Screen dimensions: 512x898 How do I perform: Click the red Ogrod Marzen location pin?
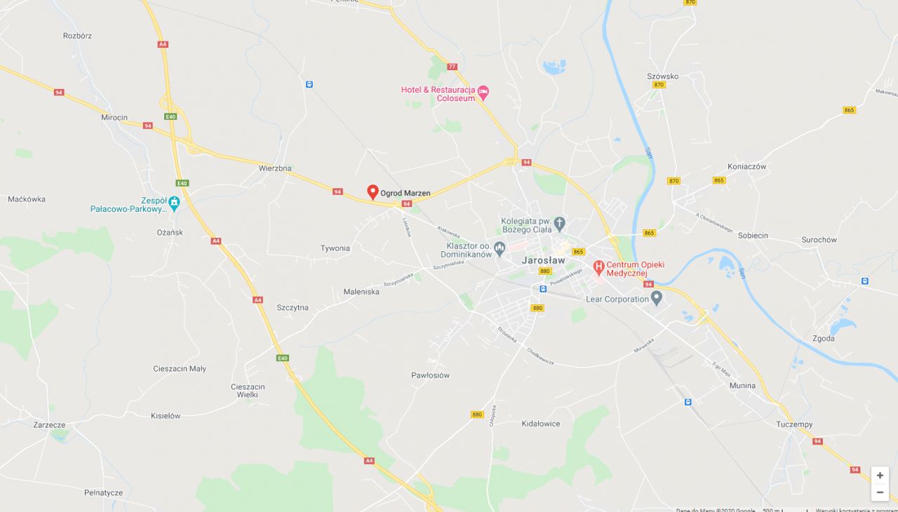[x=373, y=191]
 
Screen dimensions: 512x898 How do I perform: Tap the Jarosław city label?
[x=543, y=260]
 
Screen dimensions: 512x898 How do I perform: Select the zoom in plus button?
[x=880, y=476]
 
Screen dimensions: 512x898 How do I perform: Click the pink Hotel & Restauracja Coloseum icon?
[x=483, y=91]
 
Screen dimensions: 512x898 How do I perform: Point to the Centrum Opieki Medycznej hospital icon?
[x=598, y=267]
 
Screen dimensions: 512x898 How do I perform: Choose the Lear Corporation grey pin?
[x=657, y=298]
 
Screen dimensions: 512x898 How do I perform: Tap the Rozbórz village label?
[x=77, y=36]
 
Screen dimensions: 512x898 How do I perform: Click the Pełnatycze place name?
[x=103, y=493]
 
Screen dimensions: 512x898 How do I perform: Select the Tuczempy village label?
[x=794, y=424]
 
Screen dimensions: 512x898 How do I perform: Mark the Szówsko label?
[x=662, y=76]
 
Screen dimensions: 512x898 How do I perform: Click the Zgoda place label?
[x=824, y=338]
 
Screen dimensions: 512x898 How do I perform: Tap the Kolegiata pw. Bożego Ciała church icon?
[x=559, y=224]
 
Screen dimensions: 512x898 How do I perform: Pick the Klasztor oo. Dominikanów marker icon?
[x=500, y=248]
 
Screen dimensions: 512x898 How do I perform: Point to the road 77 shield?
[x=452, y=67]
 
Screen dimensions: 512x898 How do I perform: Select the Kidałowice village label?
[x=541, y=424]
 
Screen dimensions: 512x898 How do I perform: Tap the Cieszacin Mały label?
[x=180, y=368]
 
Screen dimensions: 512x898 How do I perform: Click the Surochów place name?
[x=819, y=240]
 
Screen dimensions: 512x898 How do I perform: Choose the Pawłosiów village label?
[x=430, y=375]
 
